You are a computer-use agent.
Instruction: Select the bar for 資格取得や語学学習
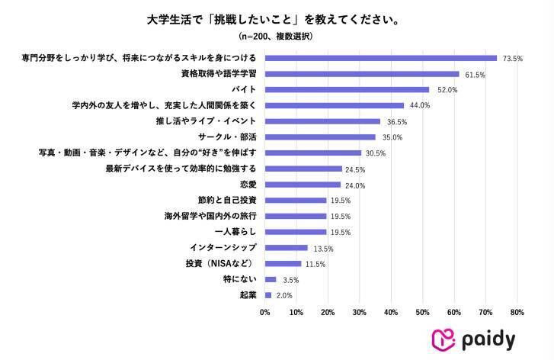(x=362, y=74)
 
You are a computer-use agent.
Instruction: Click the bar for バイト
(x=347, y=89)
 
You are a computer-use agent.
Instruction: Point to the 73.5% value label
(x=511, y=58)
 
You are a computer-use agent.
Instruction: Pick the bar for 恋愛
(x=303, y=185)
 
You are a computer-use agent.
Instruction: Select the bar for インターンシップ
(x=286, y=248)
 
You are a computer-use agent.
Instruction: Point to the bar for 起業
(x=268, y=295)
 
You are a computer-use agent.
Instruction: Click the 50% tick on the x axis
(x=422, y=312)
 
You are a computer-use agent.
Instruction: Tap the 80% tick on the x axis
(x=517, y=312)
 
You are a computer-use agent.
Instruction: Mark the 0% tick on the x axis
(x=265, y=312)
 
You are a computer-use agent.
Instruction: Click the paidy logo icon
(x=445, y=339)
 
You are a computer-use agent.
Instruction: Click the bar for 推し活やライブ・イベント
(x=322, y=121)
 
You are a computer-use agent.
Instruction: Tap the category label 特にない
(x=240, y=279)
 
